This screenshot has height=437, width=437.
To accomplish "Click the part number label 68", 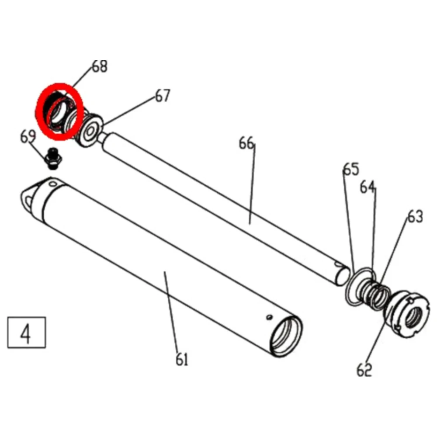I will click(x=100, y=67).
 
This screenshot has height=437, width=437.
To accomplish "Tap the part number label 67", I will click(x=163, y=96).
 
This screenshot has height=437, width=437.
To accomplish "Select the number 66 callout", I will click(x=246, y=143).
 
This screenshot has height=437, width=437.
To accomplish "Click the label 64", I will click(x=368, y=187).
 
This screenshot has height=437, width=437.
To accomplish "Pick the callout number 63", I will click(x=415, y=216).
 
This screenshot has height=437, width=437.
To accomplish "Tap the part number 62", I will click(x=364, y=370).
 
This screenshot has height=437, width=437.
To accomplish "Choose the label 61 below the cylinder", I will click(x=182, y=360).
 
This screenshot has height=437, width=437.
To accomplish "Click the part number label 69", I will click(x=28, y=137).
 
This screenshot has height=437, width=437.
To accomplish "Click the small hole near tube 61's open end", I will click(x=270, y=316).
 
